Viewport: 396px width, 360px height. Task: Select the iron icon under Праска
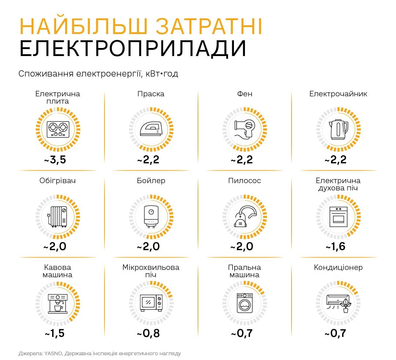pos(151,129)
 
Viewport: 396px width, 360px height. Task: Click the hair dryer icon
pos(245,129)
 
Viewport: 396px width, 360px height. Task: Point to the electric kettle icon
pos(338,129)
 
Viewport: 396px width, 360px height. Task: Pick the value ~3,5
pos(55,160)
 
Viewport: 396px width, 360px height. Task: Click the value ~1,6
pos(335,246)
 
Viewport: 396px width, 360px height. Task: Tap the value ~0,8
pos(148,334)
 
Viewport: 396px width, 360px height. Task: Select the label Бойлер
pos(151,181)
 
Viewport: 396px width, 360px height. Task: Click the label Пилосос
pos(245,181)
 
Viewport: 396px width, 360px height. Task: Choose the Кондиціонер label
pos(338,267)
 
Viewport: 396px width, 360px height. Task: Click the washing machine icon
pos(245,303)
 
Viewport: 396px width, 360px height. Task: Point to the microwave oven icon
pos(151,303)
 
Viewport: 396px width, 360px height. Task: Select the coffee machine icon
pos(58,303)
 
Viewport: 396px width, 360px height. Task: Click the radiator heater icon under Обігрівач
pos(58,216)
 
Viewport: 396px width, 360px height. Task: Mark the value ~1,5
pos(55,334)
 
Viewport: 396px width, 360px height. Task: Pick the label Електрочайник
pos(338,94)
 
